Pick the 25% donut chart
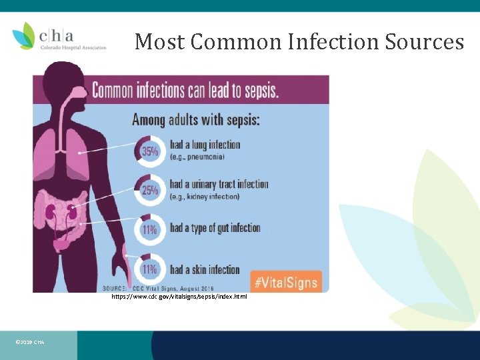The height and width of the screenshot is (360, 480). point(149,190)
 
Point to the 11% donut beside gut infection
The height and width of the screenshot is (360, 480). point(149,229)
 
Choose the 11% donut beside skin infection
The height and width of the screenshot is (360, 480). point(149,269)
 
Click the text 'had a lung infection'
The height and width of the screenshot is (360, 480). point(205,145)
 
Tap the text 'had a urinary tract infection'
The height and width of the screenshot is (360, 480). point(219,184)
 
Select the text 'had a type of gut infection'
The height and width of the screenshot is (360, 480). point(215,228)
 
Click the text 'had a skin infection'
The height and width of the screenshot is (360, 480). point(205,269)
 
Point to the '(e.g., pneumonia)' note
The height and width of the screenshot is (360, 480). point(197,157)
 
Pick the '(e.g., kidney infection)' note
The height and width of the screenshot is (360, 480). point(204,197)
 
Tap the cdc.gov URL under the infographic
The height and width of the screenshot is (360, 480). point(179,296)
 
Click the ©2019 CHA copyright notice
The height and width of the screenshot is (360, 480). point(29,343)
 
